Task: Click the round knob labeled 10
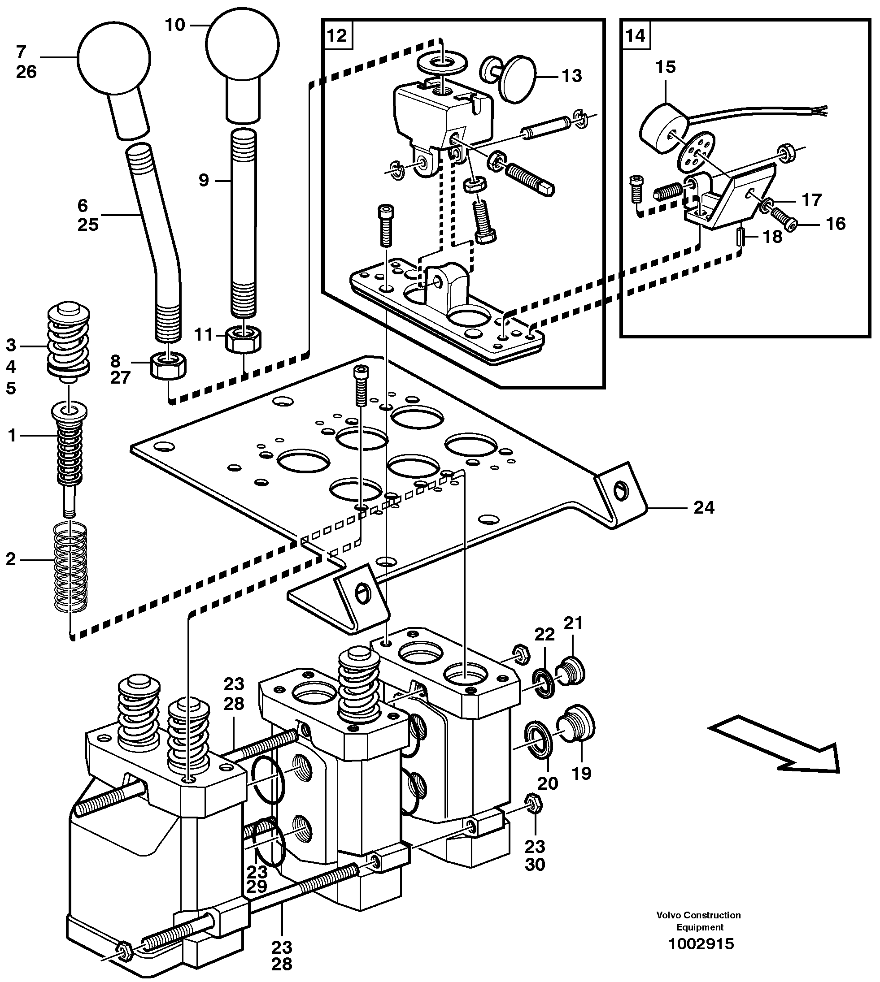point(242,43)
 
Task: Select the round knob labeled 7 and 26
point(114,58)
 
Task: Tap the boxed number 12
point(337,35)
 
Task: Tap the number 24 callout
point(704,507)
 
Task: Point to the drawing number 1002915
point(701,943)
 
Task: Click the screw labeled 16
point(782,220)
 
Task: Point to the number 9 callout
point(204,180)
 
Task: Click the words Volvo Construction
point(698,915)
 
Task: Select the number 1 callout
point(12,436)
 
